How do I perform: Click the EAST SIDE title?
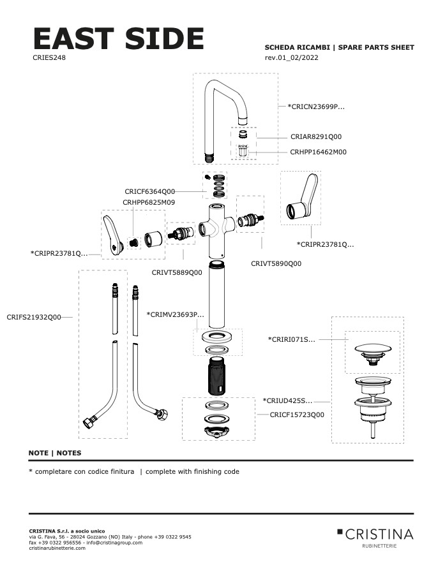pyautogui.click(x=118, y=40)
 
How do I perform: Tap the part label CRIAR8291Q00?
pyautogui.click(x=316, y=136)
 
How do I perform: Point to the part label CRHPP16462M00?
pyautogui.click(x=318, y=152)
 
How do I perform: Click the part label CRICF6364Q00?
pyautogui.click(x=149, y=191)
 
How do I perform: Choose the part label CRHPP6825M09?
pyautogui.click(x=148, y=202)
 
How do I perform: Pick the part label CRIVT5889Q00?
pyautogui.click(x=177, y=272)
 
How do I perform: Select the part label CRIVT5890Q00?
pyautogui.click(x=276, y=263)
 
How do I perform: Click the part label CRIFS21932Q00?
pyautogui.click(x=34, y=317)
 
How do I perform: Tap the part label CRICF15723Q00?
pyautogui.click(x=297, y=415)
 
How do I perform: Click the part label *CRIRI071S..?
pyautogui.click(x=292, y=339)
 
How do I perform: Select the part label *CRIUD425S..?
pyautogui.click(x=287, y=401)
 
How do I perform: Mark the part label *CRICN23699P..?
pyautogui.click(x=316, y=107)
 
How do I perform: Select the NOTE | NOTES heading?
pyautogui.click(x=55, y=453)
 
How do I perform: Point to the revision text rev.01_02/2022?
pyautogui.click(x=291, y=58)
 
